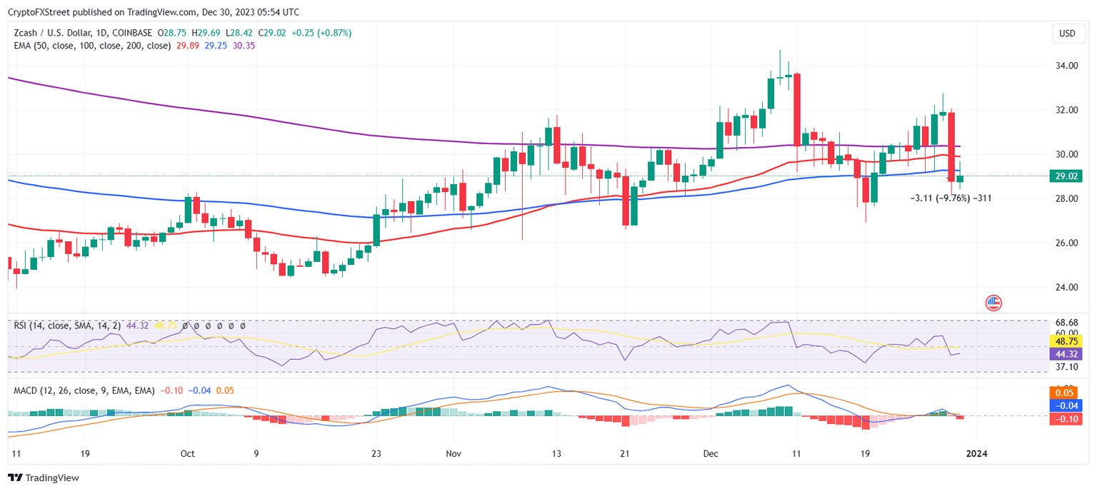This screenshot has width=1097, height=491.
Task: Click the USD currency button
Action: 1067,34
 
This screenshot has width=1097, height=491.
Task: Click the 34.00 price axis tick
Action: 1067,66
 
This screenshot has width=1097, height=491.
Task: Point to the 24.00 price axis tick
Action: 1067,287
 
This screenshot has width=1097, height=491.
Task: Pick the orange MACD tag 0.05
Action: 1066,393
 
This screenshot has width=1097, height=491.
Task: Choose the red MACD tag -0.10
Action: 1066,419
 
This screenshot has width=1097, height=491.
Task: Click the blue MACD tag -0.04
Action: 1066,405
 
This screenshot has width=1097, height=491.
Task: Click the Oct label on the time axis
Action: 188,453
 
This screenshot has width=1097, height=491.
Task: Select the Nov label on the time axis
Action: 453,453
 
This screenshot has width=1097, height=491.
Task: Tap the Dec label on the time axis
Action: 711,453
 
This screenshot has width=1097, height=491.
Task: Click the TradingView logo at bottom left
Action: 44,478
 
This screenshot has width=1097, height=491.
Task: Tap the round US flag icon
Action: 993,303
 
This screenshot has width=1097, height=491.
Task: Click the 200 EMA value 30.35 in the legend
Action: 244,46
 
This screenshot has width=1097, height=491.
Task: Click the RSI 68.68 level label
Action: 1067,323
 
